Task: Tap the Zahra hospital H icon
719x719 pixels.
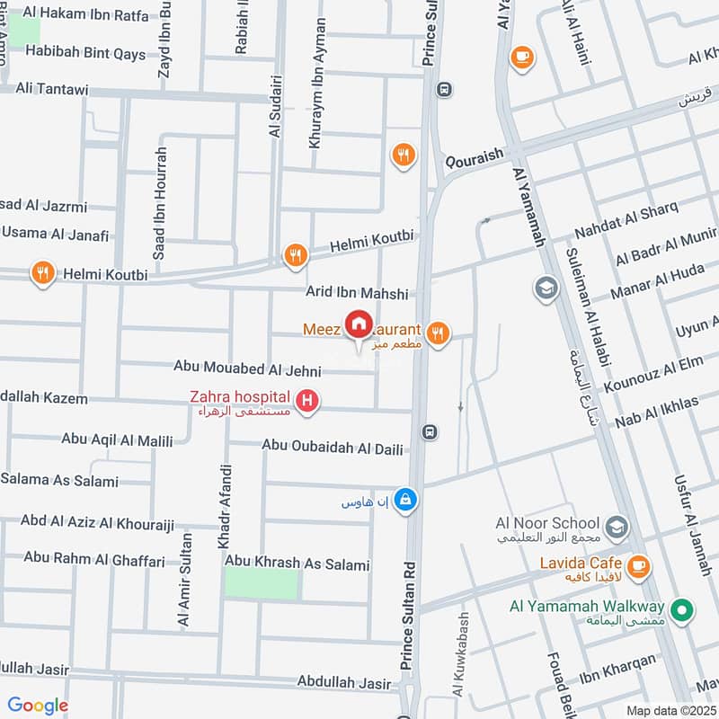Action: [308, 401]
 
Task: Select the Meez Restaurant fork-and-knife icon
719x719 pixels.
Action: [437, 333]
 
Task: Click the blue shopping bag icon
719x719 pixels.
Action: [406, 498]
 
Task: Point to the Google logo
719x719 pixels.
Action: [38, 706]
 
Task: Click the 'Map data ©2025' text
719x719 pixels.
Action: [670, 710]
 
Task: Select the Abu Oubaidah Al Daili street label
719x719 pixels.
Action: [333, 445]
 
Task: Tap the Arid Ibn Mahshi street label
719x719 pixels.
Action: [357, 293]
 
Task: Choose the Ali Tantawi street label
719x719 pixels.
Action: [55, 89]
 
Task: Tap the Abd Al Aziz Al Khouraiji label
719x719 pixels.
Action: [84, 522]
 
